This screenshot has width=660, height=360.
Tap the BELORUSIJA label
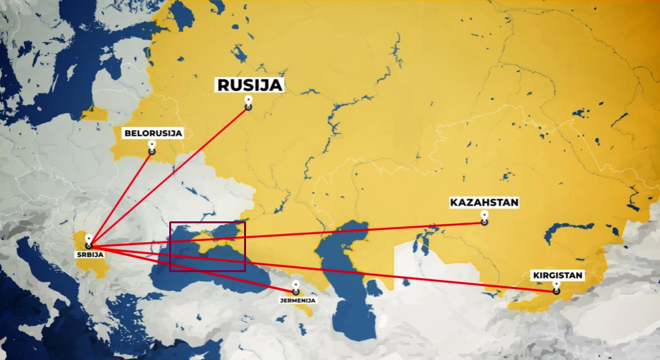[153, 133]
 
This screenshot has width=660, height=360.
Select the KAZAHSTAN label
[484, 202]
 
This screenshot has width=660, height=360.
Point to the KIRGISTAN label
[557, 275]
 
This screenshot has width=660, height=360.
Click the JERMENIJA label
[297, 301]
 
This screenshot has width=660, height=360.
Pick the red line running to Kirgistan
[391, 273]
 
